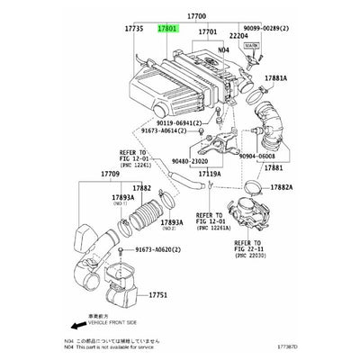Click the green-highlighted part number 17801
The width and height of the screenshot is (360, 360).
[168, 30]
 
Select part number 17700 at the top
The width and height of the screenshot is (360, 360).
[196, 15]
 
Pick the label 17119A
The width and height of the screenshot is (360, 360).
[209, 172]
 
